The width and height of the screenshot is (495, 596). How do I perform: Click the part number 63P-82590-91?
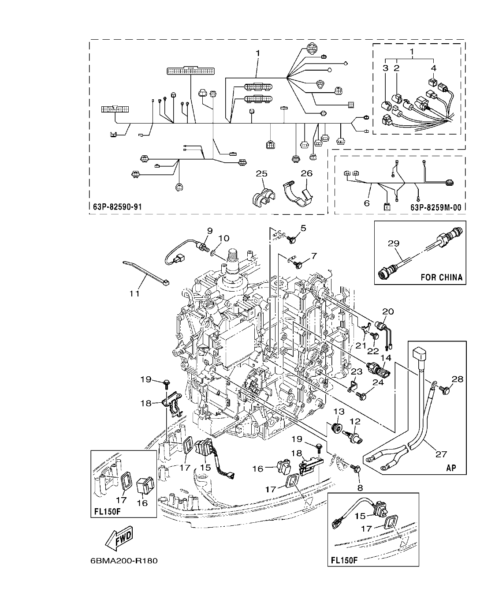pyautogui.click(x=118, y=206)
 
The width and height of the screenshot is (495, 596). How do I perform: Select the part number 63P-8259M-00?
pyautogui.click(x=438, y=206)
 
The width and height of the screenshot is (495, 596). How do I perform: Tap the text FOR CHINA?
pyautogui.click(x=441, y=277)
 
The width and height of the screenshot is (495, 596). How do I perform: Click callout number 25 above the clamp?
pyautogui.click(x=262, y=173)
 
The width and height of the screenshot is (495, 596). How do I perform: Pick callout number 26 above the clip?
pyautogui.click(x=306, y=173)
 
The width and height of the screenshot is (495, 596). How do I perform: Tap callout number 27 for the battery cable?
pyautogui.click(x=441, y=454)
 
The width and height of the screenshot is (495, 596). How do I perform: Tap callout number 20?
pyautogui.click(x=387, y=311)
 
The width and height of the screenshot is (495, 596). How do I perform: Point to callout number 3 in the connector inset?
pyautogui.click(x=385, y=68)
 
